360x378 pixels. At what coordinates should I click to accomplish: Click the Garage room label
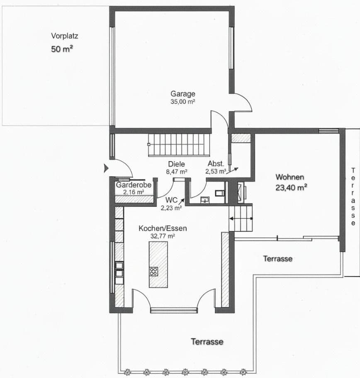coord(182,94)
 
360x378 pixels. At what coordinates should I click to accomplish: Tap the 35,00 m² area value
coord(182,101)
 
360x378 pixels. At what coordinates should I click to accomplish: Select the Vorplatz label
coord(64,36)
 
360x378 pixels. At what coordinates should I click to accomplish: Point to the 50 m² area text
coord(62,49)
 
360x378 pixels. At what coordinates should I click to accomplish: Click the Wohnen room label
coord(289,177)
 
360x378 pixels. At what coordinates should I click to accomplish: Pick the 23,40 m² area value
coord(291,187)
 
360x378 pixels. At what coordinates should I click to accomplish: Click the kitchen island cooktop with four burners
coord(153,271)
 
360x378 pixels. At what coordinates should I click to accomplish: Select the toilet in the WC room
coord(220,193)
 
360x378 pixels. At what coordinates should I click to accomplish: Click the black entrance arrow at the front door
coord(106,168)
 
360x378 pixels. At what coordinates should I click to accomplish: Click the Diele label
coord(176,164)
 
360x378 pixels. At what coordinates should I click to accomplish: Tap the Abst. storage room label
coord(216,163)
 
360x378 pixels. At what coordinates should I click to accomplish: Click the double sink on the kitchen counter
coord(119,269)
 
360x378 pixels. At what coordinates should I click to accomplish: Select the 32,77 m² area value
coord(163,236)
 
